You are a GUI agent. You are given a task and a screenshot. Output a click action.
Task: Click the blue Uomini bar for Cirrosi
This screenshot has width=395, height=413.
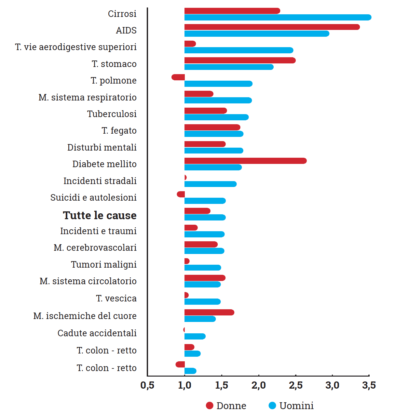[x=278, y=18]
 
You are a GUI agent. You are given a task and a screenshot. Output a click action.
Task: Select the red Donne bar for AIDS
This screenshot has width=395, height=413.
[x=272, y=27]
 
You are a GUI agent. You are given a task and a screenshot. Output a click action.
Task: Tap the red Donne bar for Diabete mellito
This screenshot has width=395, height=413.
[x=245, y=161]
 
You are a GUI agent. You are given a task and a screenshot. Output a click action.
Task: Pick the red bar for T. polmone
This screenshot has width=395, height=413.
[x=178, y=77]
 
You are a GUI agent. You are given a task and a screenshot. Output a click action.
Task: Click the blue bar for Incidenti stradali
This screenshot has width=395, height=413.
[x=210, y=184]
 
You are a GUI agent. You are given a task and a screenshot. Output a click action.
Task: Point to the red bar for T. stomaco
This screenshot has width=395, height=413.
[x=240, y=60]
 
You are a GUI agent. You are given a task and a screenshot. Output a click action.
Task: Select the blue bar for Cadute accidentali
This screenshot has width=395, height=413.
[x=195, y=336]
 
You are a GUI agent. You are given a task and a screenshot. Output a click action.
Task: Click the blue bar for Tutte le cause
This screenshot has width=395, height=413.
[x=205, y=218]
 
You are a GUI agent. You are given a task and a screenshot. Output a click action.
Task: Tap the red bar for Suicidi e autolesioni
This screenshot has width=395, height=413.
[x=181, y=194]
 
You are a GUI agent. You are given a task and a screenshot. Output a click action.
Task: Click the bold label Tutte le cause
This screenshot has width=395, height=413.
[x=100, y=215]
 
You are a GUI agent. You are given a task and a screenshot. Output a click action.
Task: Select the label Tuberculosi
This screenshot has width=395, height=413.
[x=112, y=114]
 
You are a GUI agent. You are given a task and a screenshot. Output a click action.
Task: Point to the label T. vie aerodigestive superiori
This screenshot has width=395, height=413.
[x=76, y=47]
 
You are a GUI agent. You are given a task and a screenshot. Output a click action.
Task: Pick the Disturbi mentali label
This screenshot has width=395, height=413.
[x=102, y=148]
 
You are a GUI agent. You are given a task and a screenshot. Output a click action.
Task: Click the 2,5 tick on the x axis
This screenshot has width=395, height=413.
[x=295, y=386]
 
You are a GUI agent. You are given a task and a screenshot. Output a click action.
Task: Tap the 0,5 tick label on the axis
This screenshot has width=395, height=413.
[x=147, y=386]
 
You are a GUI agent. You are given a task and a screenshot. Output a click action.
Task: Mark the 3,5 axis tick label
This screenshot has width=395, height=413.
[x=369, y=386]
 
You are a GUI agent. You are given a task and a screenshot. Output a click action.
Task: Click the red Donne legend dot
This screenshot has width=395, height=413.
[x=210, y=406]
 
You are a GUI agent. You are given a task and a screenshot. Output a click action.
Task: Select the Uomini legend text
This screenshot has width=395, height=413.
[x=296, y=406]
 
